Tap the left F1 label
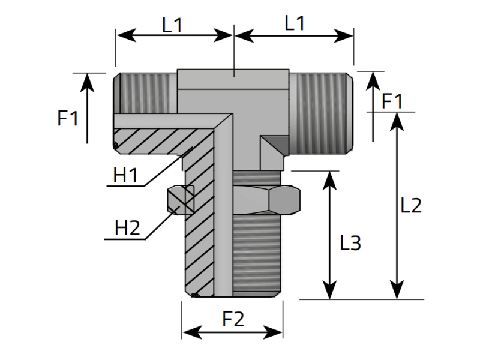tap(68, 118)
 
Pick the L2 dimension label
tap(411, 205)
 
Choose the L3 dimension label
tap(350, 243)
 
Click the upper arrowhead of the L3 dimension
tap(329, 178)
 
